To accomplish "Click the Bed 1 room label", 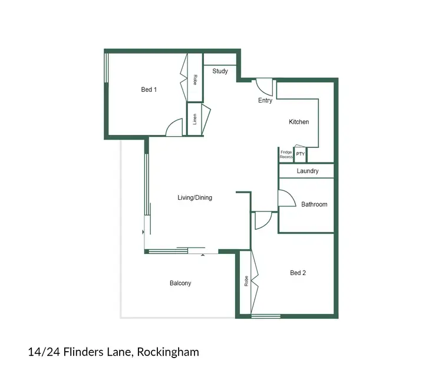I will point(149,90).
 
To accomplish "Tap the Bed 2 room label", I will point(298,273).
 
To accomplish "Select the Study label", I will point(220,71).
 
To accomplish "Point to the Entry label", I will point(265,101).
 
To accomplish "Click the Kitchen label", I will point(299,122).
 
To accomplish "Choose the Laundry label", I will point(308,171).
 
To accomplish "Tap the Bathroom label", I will point(314,204).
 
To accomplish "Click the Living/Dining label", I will point(194,197).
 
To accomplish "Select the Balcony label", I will point(180,283).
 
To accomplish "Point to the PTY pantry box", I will point(301,154).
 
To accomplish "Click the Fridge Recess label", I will point(286,155).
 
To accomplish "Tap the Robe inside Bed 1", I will point(195,79).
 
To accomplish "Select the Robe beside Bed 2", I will point(245,282).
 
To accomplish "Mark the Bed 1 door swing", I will point(174,128).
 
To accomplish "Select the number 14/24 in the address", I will point(43,352).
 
